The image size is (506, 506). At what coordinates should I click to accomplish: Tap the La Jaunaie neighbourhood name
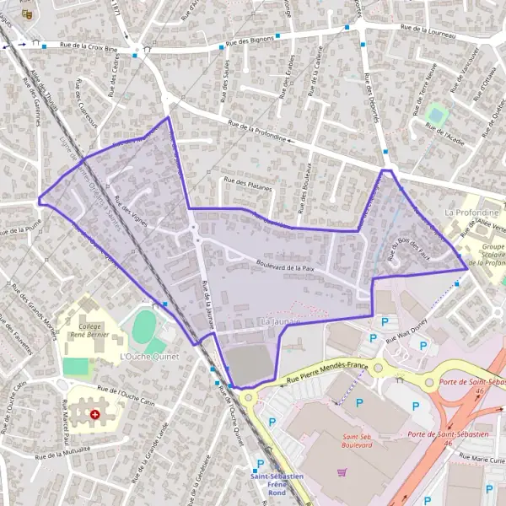pos(280,323)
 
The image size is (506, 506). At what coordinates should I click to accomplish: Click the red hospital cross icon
pos(94,415)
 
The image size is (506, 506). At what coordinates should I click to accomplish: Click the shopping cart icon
pos(342,472)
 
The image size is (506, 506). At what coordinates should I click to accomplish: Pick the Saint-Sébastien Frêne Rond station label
pos(277,484)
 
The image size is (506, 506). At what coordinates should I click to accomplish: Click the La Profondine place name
pos(473,213)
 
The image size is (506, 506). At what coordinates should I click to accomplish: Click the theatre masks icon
pos(27,13)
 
